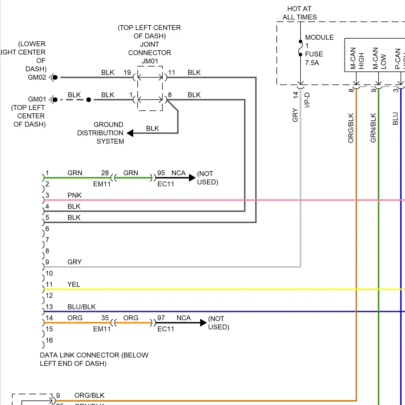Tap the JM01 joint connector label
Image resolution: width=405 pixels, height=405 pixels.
150,61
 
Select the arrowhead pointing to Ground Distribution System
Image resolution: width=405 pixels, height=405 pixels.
130,133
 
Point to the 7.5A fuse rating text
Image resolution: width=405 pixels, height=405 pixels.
312,63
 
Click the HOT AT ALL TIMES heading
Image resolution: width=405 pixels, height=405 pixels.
299,13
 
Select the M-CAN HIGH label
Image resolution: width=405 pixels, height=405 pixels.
357,58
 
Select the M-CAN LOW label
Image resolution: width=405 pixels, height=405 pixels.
379,58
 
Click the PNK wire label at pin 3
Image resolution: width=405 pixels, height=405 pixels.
74,195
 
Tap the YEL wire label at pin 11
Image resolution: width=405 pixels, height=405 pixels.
74,284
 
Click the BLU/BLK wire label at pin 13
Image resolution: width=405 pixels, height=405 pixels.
81,307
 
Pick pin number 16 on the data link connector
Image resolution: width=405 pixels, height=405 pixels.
49,340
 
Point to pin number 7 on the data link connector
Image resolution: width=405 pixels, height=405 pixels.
47,240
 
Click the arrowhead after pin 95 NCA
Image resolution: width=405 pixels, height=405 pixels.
192,178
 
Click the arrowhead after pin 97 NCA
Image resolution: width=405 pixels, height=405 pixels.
203,323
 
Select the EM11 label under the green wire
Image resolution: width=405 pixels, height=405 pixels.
102,184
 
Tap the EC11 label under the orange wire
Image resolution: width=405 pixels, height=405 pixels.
166,329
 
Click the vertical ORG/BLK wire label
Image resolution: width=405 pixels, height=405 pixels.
351,128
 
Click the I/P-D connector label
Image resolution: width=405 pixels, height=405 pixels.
307,100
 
